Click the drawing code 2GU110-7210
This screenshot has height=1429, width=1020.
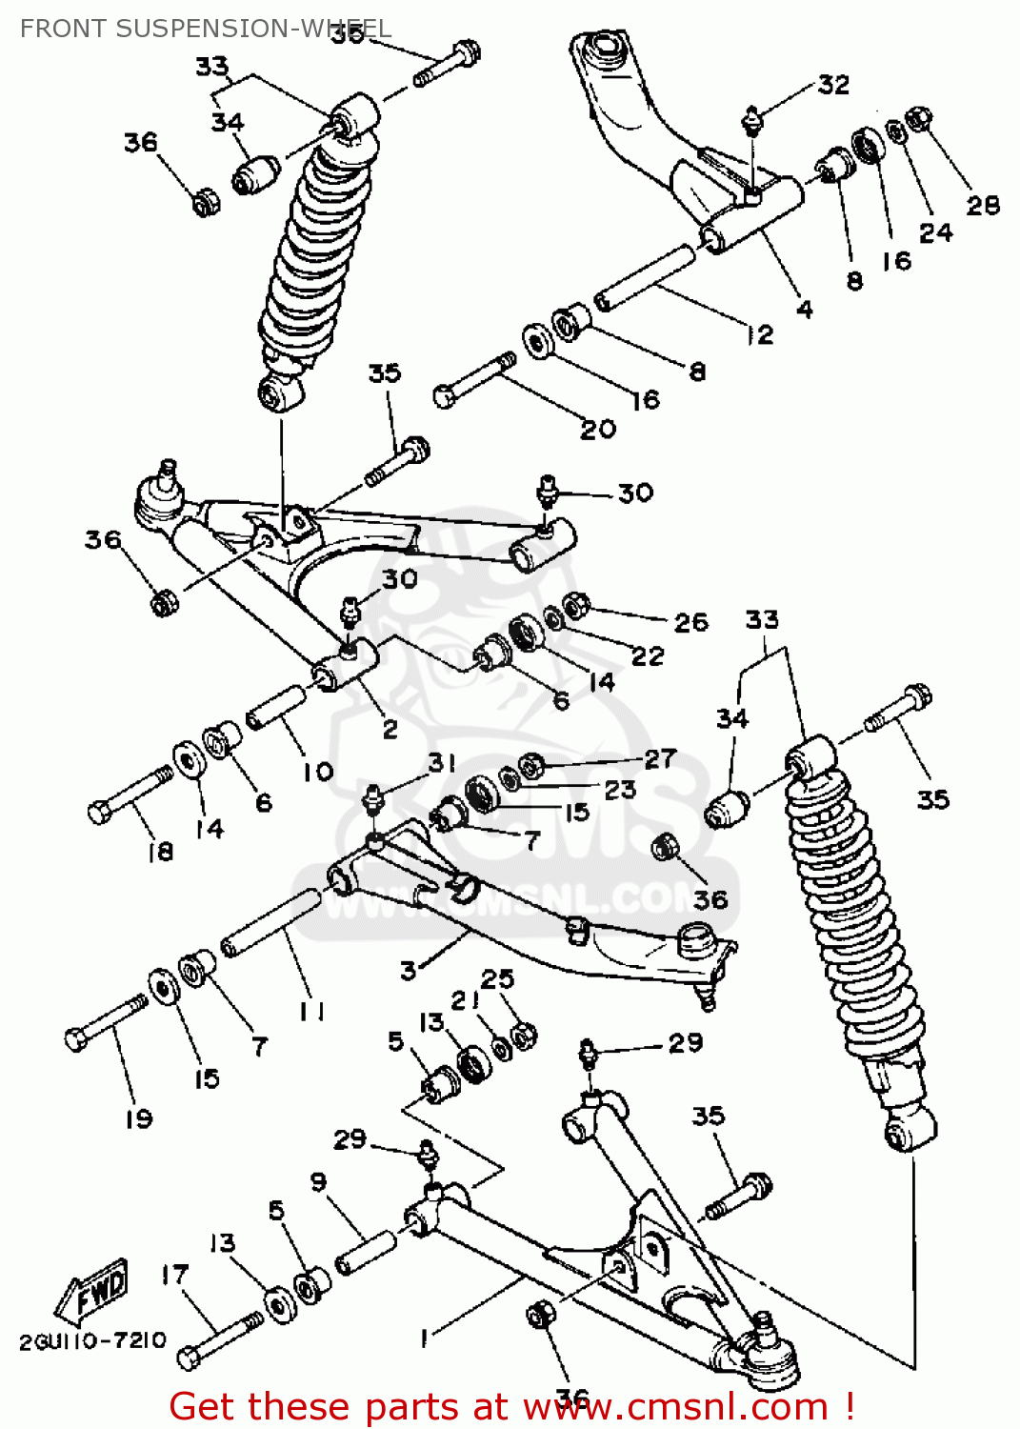click(x=92, y=1341)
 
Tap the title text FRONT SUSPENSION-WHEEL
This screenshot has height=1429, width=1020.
click(x=205, y=29)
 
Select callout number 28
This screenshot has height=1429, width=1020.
click(x=983, y=205)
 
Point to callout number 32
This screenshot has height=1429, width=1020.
click(x=833, y=85)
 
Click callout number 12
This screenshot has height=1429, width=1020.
click(x=759, y=334)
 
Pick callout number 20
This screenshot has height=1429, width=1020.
click(x=598, y=430)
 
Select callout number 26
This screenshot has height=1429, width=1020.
click(x=690, y=622)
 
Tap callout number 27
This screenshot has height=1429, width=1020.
click(x=660, y=758)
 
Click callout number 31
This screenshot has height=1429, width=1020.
click(x=442, y=762)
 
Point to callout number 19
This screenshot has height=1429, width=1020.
click(x=139, y=1118)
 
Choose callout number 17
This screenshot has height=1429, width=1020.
click(x=174, y=1274)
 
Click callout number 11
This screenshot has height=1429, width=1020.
click(x=311, y=1012)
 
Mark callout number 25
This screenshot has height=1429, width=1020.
click(x=497, y=978)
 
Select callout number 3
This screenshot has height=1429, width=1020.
click(x=409, y=971)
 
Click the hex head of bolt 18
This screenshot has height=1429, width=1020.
click(x=99, y=813)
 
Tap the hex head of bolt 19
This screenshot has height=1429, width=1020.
click(x=76, y=1039)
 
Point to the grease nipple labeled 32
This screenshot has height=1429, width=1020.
click(x=752, y=119)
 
